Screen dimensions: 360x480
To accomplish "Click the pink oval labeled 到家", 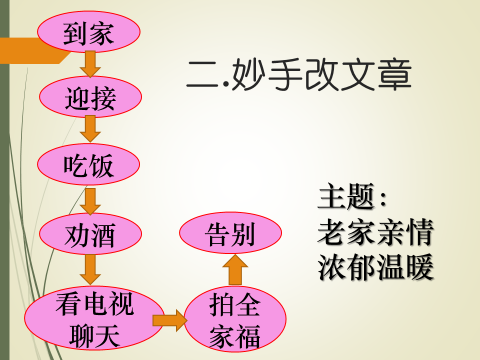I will (89, 32).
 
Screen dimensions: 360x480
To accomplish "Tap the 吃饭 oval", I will (89, 164).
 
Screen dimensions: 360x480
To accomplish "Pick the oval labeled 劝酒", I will (89, 236).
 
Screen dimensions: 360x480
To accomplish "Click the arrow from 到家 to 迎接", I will (90, 64).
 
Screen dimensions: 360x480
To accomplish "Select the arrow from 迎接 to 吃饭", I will (90, 129).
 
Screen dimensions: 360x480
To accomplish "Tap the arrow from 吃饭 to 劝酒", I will (90, 200).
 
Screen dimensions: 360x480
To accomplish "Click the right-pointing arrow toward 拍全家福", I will (169, 320).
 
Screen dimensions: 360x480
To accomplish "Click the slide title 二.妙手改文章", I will (300, 75).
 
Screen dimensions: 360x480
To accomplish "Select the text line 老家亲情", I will (375, 232).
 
